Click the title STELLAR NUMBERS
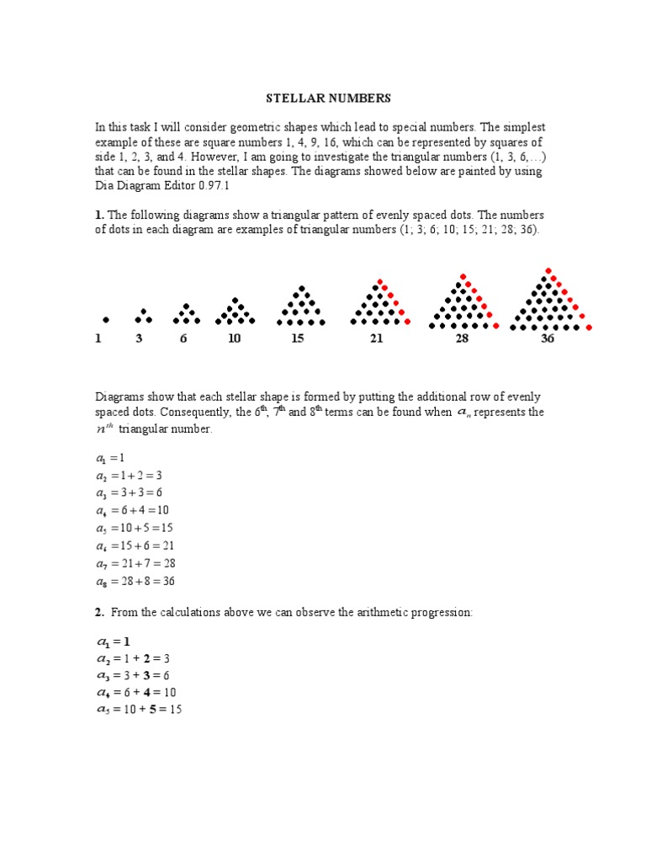[x=328, y=98]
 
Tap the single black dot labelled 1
[x=106, y=320]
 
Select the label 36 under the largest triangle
[x=547, y=339]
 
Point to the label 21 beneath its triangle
[x=375, y=339]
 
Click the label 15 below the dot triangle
[x=297, y=339]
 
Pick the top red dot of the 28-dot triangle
[x=463, y=276]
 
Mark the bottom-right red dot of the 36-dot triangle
[x=589, y=327]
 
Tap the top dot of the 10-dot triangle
[x=235, y=300]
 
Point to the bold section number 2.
[x=99, y=613]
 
